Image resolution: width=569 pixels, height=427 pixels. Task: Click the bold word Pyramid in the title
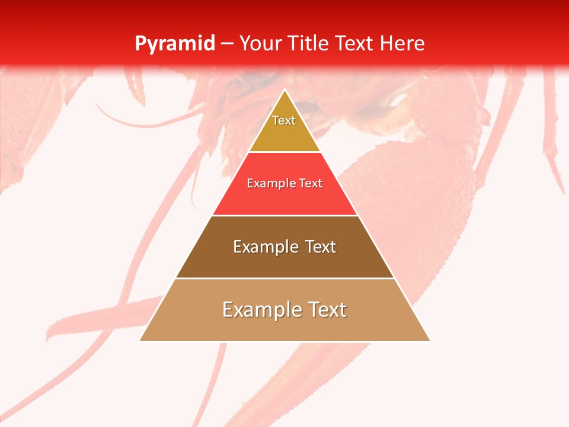[175, 44]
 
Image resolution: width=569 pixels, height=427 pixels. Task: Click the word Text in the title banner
[355, 43]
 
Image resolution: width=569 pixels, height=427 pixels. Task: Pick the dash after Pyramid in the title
[227, 44]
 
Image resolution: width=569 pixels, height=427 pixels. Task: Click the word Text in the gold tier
[284, 120]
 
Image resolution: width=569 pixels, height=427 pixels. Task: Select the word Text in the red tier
[311, 184]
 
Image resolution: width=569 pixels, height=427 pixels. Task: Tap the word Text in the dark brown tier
[321, 247]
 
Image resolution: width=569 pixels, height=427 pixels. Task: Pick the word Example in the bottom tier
[260, 310]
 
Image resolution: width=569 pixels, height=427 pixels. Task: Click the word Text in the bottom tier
[327, 310]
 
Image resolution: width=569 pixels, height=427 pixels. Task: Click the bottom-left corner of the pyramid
[140, 340]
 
